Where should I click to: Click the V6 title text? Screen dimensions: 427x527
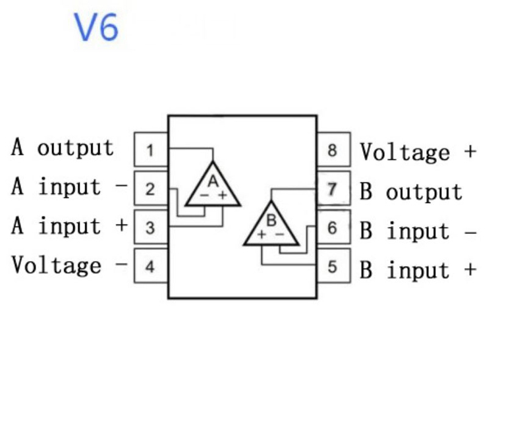click(97, 27)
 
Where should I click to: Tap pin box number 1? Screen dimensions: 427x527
click(150, 150)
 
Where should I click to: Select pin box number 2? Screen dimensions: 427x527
click(150, 189)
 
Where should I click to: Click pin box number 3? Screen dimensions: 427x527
click(150, 228)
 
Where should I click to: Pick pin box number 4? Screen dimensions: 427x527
click(150, 267)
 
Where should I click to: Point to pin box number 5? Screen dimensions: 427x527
click(333, 267)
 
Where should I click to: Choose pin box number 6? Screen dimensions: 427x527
click(333, 228)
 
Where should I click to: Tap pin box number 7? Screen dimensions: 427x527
click(333, 189)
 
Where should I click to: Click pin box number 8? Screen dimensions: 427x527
click(333, 150)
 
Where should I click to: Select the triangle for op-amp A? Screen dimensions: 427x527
click(212, 186)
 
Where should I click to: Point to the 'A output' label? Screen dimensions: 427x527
click(63, 148)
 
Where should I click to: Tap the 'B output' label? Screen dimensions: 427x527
click(411, 192)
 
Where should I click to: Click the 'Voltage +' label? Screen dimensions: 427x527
click(418, 152)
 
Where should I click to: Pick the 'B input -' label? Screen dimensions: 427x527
click(418, 231)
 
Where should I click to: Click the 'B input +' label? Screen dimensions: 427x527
click(418, 270)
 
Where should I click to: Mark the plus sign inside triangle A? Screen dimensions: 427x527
click(223, 196)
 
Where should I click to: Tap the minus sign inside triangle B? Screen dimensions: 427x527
click(279, 235)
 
